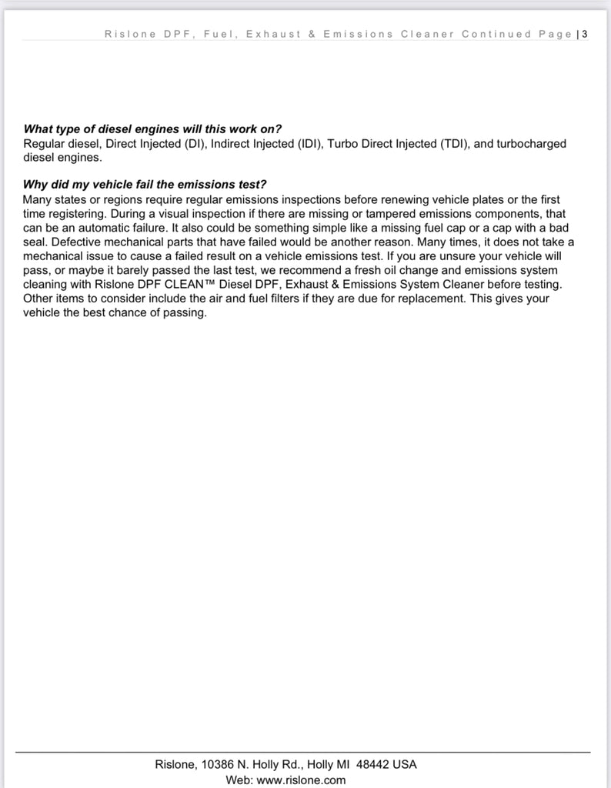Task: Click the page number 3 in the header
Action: click(x=586, y=34)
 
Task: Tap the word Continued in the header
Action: click(x=496, y=34)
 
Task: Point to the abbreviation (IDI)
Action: click(x=309, y=143)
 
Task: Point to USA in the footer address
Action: click(x=404, y=764)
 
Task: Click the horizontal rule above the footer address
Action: click(x=303, y=752)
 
